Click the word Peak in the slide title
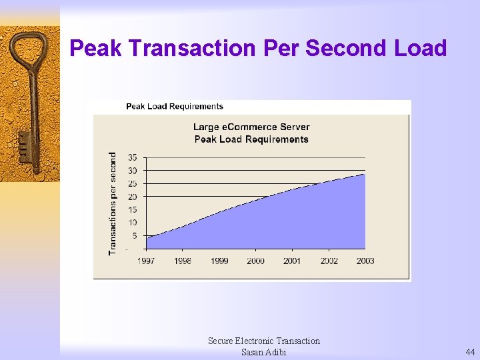point(96,48)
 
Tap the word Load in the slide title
point(421,48)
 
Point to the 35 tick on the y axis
point(132,157)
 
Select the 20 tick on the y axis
point(132,197)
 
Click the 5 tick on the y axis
point(135,235)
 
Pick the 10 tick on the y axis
point(132,223)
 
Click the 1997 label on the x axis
point(147,261)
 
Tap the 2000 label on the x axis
point(255,261)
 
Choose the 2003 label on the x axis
point(365,261)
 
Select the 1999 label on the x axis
point(219,261)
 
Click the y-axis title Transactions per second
point(113,203)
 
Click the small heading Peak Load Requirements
point(175,106)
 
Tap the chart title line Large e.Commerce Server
point(251,127)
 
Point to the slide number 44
point(470,352)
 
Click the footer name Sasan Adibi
point(263,352)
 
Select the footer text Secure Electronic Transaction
point(263,341)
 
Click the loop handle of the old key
point(29,48)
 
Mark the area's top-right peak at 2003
point(365,174)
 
